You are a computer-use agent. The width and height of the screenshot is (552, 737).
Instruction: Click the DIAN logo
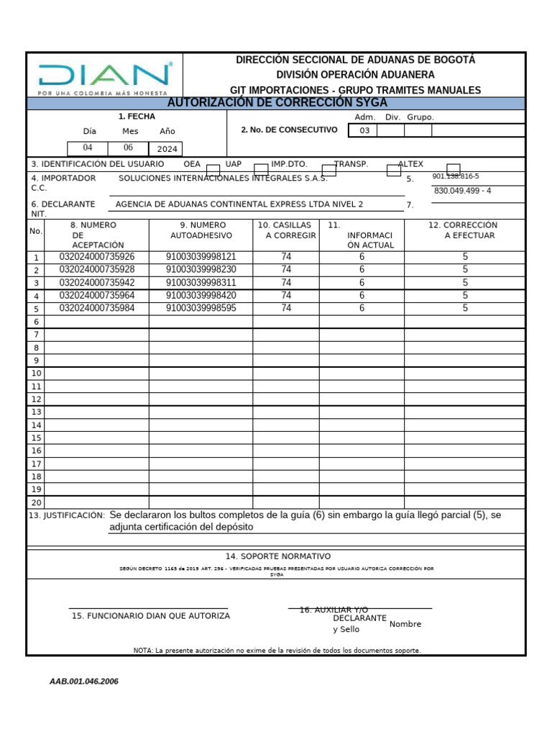point(105,76)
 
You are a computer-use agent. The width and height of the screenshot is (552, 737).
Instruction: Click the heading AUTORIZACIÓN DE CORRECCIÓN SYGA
point(277,103)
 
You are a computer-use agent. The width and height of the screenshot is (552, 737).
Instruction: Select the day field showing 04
point(88,148)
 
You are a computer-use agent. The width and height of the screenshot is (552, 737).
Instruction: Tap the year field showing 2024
point(165,149)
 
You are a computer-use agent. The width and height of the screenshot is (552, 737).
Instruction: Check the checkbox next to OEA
point(213,170)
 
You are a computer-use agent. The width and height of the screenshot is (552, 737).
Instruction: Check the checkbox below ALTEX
point(454,169)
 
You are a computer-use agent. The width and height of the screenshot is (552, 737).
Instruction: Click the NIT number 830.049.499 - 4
point(462,191)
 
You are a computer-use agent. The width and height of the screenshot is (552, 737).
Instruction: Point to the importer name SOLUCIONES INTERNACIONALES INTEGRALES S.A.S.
point(223,178)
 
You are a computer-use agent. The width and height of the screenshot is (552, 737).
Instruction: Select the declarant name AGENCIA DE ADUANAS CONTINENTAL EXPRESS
point(239,204)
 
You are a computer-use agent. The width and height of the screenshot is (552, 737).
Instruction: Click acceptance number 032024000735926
point(96,257)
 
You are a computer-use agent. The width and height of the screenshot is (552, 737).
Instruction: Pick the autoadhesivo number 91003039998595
point(201,308)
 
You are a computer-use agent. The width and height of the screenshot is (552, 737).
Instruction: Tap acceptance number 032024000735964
point(96,295)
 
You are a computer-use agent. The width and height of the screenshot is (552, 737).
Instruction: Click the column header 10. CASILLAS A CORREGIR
point(285,230)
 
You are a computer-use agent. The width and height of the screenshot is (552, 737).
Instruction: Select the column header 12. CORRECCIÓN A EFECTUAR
point(464,230)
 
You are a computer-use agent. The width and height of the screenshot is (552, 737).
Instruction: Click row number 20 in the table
point(36,502)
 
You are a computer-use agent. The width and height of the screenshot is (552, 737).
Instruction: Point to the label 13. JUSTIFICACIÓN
point(66,516)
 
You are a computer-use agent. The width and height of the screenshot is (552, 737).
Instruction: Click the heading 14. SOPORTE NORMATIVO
point(277,556)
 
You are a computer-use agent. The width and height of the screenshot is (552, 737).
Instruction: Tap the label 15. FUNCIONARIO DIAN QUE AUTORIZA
point(151,616)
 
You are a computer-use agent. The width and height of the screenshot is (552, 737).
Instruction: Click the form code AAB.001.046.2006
point(84,682)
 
